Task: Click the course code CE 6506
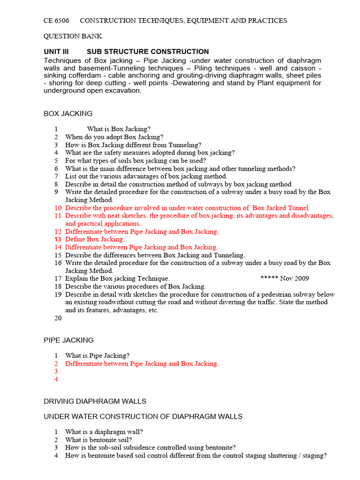coord(56,21)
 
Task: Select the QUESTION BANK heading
coord(73,36)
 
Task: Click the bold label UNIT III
coord(56,52)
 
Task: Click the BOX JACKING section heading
coord(68,113)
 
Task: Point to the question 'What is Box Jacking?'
coord(119,129)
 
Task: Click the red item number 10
coord(58,208)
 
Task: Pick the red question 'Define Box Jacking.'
coord(95,239)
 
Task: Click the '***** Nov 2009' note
coord(285,278)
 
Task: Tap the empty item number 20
coord(58,318)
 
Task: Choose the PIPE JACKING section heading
coord(68,340)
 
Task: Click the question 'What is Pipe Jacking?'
coord(97,356)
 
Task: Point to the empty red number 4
coord(56,379)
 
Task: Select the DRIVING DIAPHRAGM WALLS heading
coord(95,401)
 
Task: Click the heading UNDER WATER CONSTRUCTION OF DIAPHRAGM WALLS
coord(143,416)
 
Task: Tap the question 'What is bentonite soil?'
coord(98,440)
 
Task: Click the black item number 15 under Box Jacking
coord(58,255)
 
